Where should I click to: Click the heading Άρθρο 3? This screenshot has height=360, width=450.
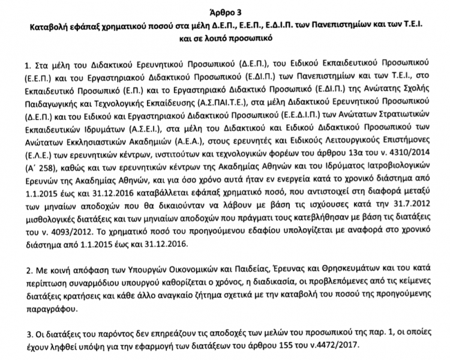tap(224, 11)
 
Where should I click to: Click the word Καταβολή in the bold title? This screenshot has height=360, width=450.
tap(46, 26)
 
